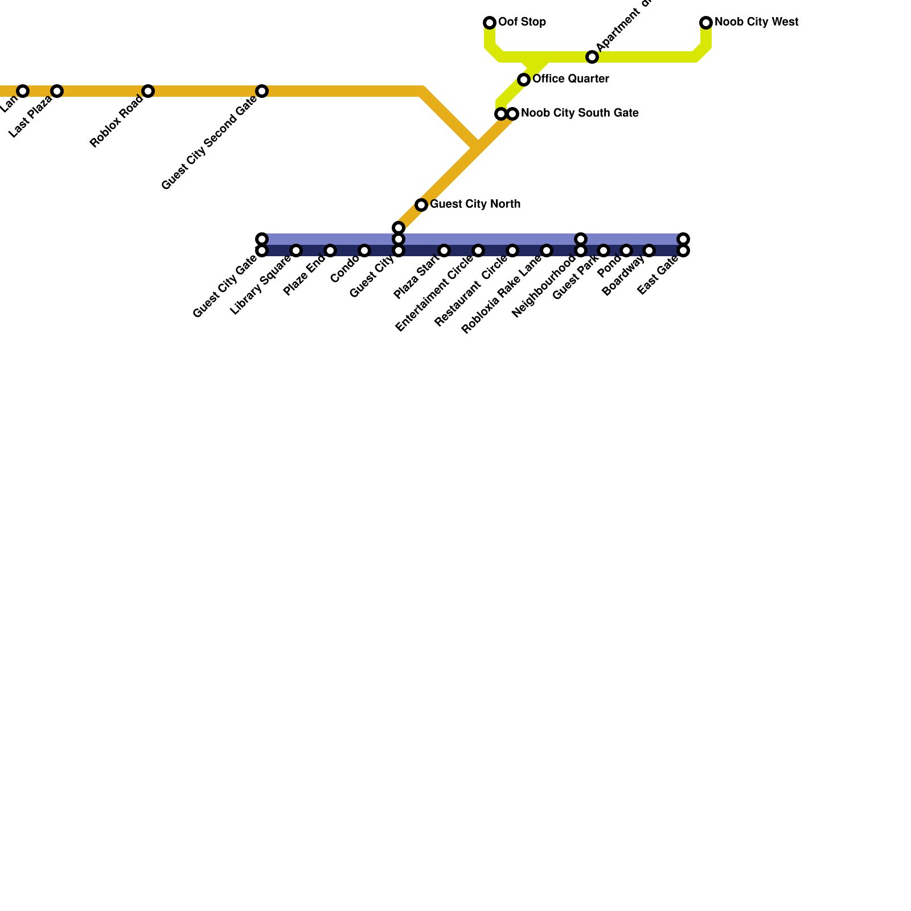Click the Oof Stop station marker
click(490, 23)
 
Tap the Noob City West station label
click(756, 22)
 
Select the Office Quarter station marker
click(524, 80)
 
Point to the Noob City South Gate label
click(580, 113)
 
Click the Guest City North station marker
click(421, 205)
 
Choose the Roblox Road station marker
click(148, 91)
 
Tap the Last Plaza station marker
click(57, 91)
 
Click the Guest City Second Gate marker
click(262, 91)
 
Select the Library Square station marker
click(296, 251)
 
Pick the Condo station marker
click(364, 251)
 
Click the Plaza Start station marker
click(444, 251)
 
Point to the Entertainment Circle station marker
click(478, 251)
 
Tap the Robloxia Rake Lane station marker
click(547, 251)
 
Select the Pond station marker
click(626, 251)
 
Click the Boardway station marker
click(649, 251)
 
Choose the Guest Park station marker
click(604, 251)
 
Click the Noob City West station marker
click(706, 23)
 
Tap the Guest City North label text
click(475, 204)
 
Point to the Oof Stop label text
click(522, 22)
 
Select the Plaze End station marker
click(330, 251)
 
